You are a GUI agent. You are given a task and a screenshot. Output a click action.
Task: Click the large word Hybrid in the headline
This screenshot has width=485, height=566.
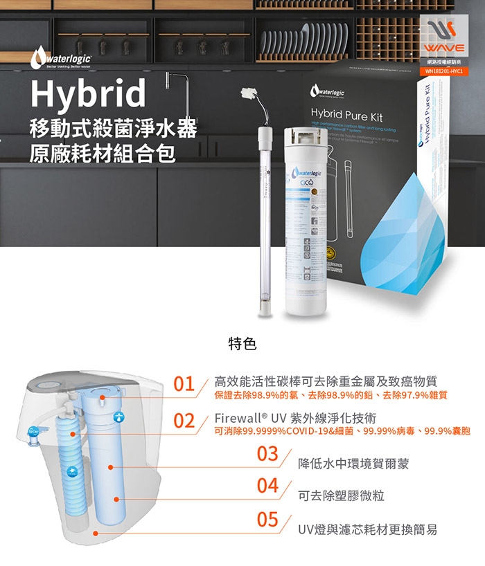[88, 94]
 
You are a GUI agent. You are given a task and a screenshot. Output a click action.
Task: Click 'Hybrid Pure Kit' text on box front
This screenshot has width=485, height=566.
[347, 118]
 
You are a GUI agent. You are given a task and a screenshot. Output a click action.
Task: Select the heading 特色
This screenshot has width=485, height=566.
[242, 343]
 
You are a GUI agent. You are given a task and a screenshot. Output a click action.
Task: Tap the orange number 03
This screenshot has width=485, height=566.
[267, 454]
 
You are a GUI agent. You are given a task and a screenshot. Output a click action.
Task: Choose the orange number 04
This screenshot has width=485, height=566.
[267, 486]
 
